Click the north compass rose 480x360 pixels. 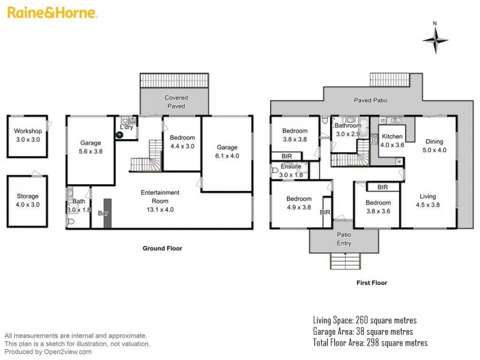click(436, 40)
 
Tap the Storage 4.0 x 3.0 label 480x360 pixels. click(28, 200)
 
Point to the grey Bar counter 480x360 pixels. click(107, 213)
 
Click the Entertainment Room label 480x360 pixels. click(160, 196)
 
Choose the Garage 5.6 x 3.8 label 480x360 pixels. click(90, 147)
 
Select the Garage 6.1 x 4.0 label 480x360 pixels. click(227, 151)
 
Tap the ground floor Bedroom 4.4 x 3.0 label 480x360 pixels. click(183, 142)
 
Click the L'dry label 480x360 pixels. click(127, 128)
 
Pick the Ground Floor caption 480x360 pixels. click(162, 248)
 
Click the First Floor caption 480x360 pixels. click(372, 283)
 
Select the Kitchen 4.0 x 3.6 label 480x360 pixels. click(392, 140)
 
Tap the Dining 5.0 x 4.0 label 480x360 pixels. click(434, 146)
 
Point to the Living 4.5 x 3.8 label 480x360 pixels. click(428, 200)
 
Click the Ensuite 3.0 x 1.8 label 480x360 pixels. click(290, 170)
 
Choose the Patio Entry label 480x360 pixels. click(344, 239)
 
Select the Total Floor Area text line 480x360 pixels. click(370, 343)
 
